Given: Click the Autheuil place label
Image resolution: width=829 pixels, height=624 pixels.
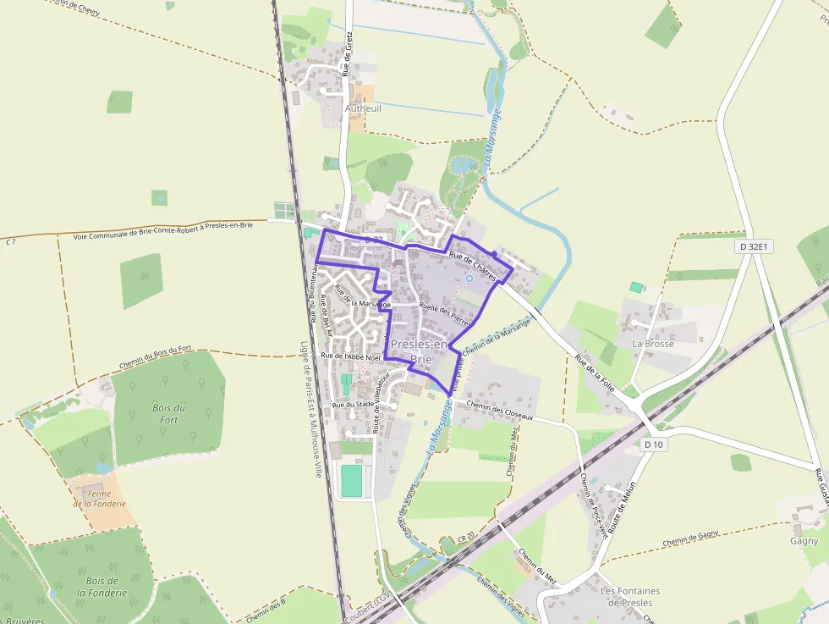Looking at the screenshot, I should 363,108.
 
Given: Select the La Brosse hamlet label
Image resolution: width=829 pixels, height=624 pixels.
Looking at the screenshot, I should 653,345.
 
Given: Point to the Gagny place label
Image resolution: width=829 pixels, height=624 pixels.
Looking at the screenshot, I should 804,541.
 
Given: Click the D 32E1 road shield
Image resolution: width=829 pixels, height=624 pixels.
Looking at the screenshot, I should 754,247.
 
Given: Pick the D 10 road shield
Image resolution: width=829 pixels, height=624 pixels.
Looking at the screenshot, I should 652,445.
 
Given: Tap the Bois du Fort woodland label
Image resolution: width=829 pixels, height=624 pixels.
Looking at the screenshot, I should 169,413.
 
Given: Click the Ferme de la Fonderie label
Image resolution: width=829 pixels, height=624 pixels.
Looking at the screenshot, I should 99,499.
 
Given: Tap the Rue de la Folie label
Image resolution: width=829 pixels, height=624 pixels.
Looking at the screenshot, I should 594,374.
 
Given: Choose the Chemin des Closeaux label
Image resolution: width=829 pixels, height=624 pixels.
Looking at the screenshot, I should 499,411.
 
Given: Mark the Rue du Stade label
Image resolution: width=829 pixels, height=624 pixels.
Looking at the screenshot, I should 354,405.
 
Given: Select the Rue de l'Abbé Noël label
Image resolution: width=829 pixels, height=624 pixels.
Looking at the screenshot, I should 352,356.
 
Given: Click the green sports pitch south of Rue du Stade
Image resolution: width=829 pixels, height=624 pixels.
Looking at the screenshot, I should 351,481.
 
